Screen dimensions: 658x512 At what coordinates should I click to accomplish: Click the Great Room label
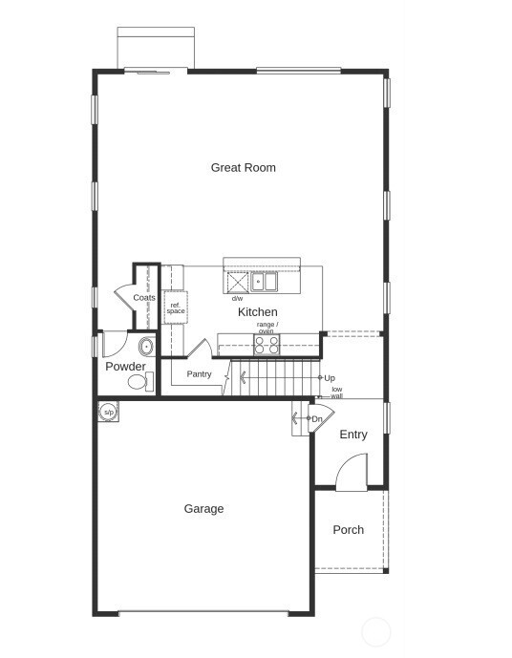tap(243, 168)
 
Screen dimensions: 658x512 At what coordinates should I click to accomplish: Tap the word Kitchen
tap(257, 312)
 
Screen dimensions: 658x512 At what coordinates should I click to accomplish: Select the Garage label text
tap(203, 509)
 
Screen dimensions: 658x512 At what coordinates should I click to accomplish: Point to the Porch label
tap(348, 530)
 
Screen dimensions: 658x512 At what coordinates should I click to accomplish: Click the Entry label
tap(352, 435)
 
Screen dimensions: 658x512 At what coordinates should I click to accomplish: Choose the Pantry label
tap(199, 374)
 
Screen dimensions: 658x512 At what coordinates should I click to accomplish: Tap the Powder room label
tap(125, 367)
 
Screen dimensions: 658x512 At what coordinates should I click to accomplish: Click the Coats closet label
tap(144, 298)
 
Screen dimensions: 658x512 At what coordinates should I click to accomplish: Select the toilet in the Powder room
tap(139, 382)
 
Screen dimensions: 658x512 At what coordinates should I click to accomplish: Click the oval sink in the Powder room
tap(146, 346)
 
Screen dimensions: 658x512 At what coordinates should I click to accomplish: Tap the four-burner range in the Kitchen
tap(266, 345)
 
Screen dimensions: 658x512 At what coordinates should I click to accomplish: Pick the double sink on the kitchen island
tap(264, 282)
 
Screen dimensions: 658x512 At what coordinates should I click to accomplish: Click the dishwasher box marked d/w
tap(237, 283)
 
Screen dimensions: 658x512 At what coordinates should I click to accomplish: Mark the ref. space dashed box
tap(176, 308)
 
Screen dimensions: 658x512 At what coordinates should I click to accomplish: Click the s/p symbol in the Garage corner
tap(108, 412)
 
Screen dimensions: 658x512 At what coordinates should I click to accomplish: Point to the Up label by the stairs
tap(330, 378)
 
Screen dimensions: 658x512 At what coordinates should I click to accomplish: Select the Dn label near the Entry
tap(316, 419)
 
